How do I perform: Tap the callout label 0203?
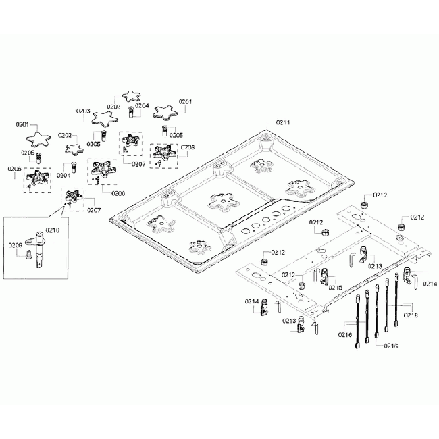point(84,111)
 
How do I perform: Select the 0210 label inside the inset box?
point(53,230)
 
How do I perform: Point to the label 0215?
point(335,287)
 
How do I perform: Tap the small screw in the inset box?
point(28,256)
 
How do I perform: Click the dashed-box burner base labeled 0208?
point(102,170)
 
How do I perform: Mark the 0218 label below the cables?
point(390,345)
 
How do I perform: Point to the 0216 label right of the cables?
point(411,314)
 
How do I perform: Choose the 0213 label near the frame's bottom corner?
point(288,321)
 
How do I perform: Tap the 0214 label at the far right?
point(430,284)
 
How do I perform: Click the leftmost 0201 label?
point(22,125)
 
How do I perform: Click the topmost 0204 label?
point(142,105)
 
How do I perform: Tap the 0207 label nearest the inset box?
point(93,209)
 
